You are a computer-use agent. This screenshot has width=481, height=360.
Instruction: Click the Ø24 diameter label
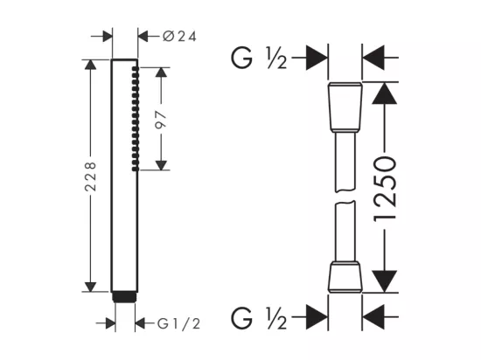click(179, 37)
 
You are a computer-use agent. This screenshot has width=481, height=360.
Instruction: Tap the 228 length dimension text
click(90, 177)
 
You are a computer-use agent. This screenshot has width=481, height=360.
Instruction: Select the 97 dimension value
click(161, 121)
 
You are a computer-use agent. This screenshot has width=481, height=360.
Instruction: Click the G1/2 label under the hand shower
click(178, 323)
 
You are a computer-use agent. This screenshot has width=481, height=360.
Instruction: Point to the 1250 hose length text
click(385, 189)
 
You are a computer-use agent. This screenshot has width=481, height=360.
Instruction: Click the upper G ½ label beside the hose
click(259, 58)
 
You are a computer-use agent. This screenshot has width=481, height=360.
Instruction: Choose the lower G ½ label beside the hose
click(259, 318)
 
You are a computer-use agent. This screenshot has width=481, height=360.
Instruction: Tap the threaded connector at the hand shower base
click(124, 296)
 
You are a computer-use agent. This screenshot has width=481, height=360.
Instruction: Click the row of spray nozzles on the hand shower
click(136, 119)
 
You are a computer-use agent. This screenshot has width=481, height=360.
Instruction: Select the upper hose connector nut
click(345, 107)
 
